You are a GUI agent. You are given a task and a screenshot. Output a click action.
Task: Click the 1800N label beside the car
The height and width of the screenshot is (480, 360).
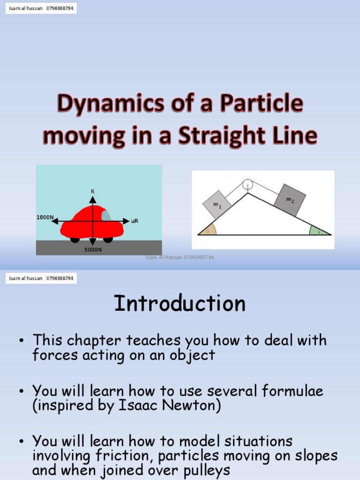pos(45,217)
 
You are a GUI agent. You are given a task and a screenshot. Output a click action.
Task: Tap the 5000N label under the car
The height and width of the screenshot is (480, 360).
pos(93,249)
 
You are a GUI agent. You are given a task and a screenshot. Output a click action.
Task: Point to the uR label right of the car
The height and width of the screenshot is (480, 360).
pos(135,221)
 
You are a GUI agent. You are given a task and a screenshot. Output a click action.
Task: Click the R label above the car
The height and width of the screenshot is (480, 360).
pos(92,191)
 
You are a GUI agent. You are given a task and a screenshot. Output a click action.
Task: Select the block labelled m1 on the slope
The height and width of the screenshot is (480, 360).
pos(217,204)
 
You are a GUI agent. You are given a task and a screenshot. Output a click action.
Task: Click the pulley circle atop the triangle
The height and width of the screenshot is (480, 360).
pos(247,184)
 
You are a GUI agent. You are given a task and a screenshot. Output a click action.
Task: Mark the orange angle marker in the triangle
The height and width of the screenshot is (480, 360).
pos(210,229)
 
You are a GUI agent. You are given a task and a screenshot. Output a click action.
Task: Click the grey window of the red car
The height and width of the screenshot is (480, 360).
pos(106,216)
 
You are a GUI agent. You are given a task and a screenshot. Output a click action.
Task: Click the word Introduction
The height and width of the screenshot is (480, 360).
pos(180,304)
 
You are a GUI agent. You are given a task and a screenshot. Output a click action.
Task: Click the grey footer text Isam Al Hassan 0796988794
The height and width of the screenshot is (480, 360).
pos(180,257)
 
